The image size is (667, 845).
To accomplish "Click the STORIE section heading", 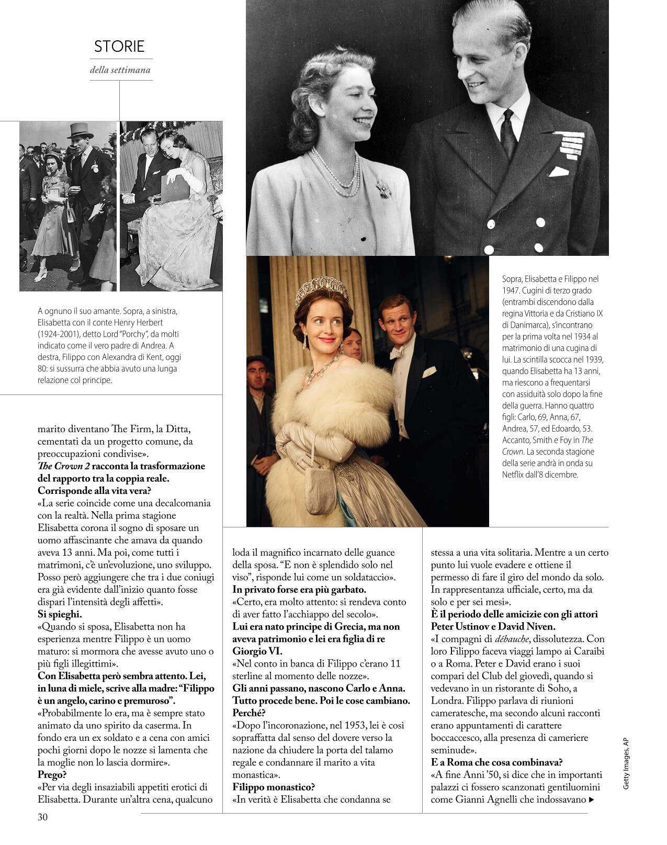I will pos(119,47).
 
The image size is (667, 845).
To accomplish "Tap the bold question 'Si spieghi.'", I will pos(60,614).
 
